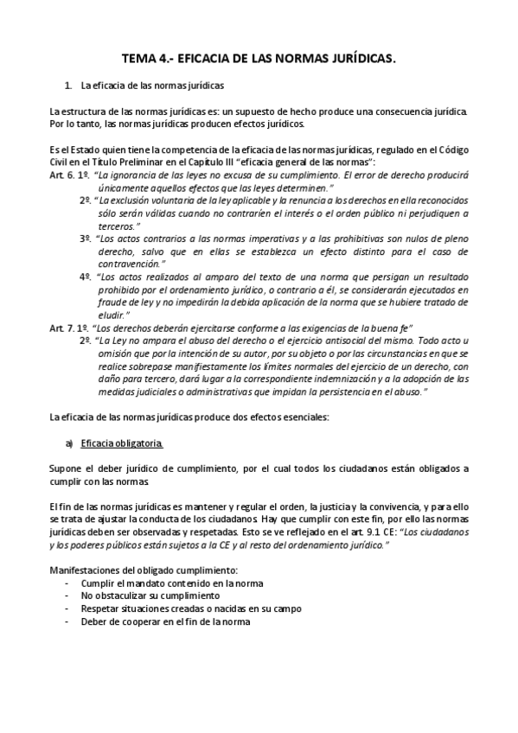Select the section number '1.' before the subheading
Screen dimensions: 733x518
tap(68, 86)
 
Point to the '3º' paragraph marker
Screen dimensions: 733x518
tap(86, 238)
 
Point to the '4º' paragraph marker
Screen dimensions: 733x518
tap(86, 277)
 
